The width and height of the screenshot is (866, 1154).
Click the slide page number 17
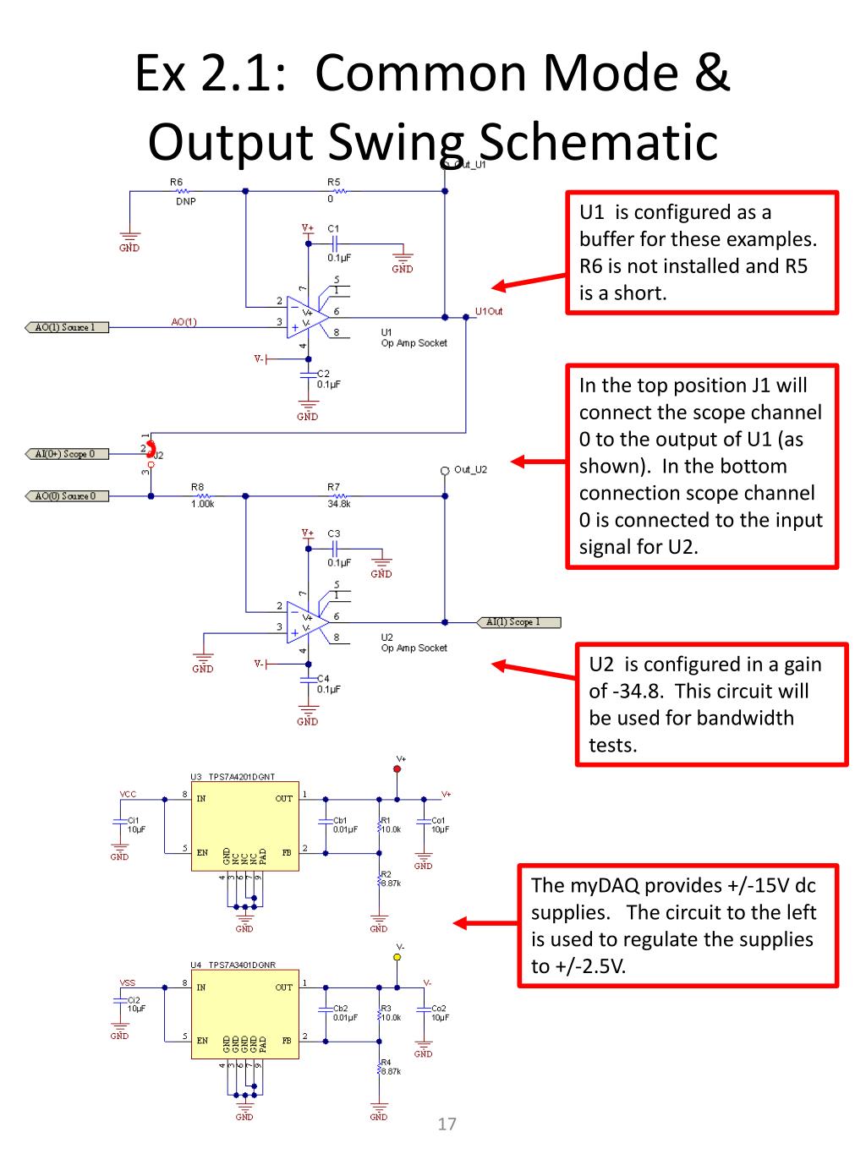click(447, 1124)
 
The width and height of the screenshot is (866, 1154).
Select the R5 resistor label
click(333, 182)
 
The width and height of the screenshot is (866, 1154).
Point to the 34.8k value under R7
click(339, 504)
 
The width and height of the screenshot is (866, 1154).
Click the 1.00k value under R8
click(202, 504)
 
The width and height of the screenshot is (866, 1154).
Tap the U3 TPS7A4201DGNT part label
click(233, 777)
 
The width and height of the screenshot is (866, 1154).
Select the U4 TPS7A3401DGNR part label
click(233, 965)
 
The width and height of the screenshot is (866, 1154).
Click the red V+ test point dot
click(397, 769)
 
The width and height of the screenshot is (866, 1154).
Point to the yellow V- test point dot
click(397, 957)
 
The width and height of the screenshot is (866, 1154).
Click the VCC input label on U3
click(128, 795)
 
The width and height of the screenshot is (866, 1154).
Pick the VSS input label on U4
click(128, 983)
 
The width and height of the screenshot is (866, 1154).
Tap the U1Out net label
click(489, 311)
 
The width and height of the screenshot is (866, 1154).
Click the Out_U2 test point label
click(470, 469)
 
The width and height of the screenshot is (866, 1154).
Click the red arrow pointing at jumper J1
click(538, 462)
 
